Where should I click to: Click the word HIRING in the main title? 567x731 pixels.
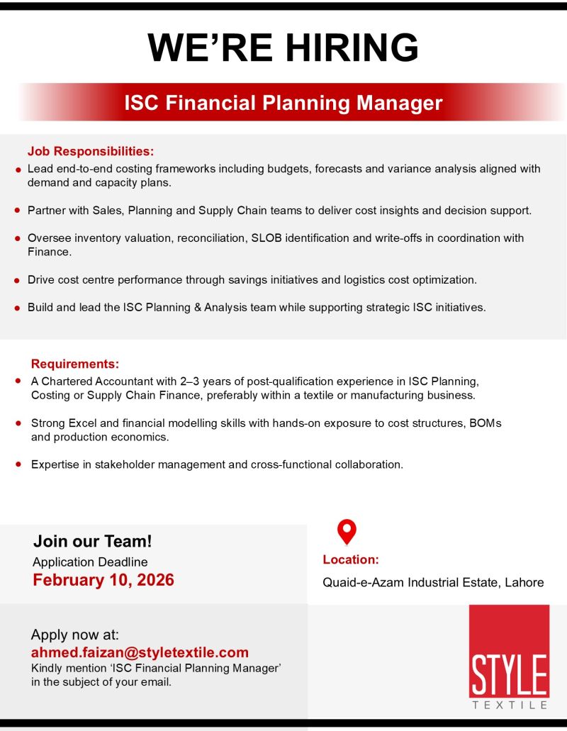click(x=352, y=48)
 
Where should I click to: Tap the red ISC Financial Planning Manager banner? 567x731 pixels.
click(x=283, y=103)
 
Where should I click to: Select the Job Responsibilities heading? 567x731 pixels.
click(x=91, y=151)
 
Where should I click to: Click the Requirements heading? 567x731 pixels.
click(x=75, y=364)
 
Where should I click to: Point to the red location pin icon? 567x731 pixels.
click(x=347, y=532)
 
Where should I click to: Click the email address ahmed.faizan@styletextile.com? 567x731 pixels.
click(x=140, y=652)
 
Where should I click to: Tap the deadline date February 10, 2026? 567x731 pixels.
click(x=103, y=580)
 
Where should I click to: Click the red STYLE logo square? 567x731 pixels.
click(x=509, y=651)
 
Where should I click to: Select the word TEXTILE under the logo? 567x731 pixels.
click(x=510, y=705)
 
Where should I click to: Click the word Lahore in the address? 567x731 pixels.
click(x=524, y=582)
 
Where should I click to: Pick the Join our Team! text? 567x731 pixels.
click(x=93, y=541)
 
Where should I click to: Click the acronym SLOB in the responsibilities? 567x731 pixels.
click(x=266, y=238)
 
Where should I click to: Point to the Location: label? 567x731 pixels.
click(x=351, y=559)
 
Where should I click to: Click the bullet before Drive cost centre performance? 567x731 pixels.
click(x=17, y=281)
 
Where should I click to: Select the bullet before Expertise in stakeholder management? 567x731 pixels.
click(x=18, y=464)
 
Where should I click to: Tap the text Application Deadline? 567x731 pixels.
click(x=90, y=562)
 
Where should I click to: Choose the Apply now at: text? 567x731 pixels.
click(x=75, y=635)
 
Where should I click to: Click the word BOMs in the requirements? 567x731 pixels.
click(x=485, y=423)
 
